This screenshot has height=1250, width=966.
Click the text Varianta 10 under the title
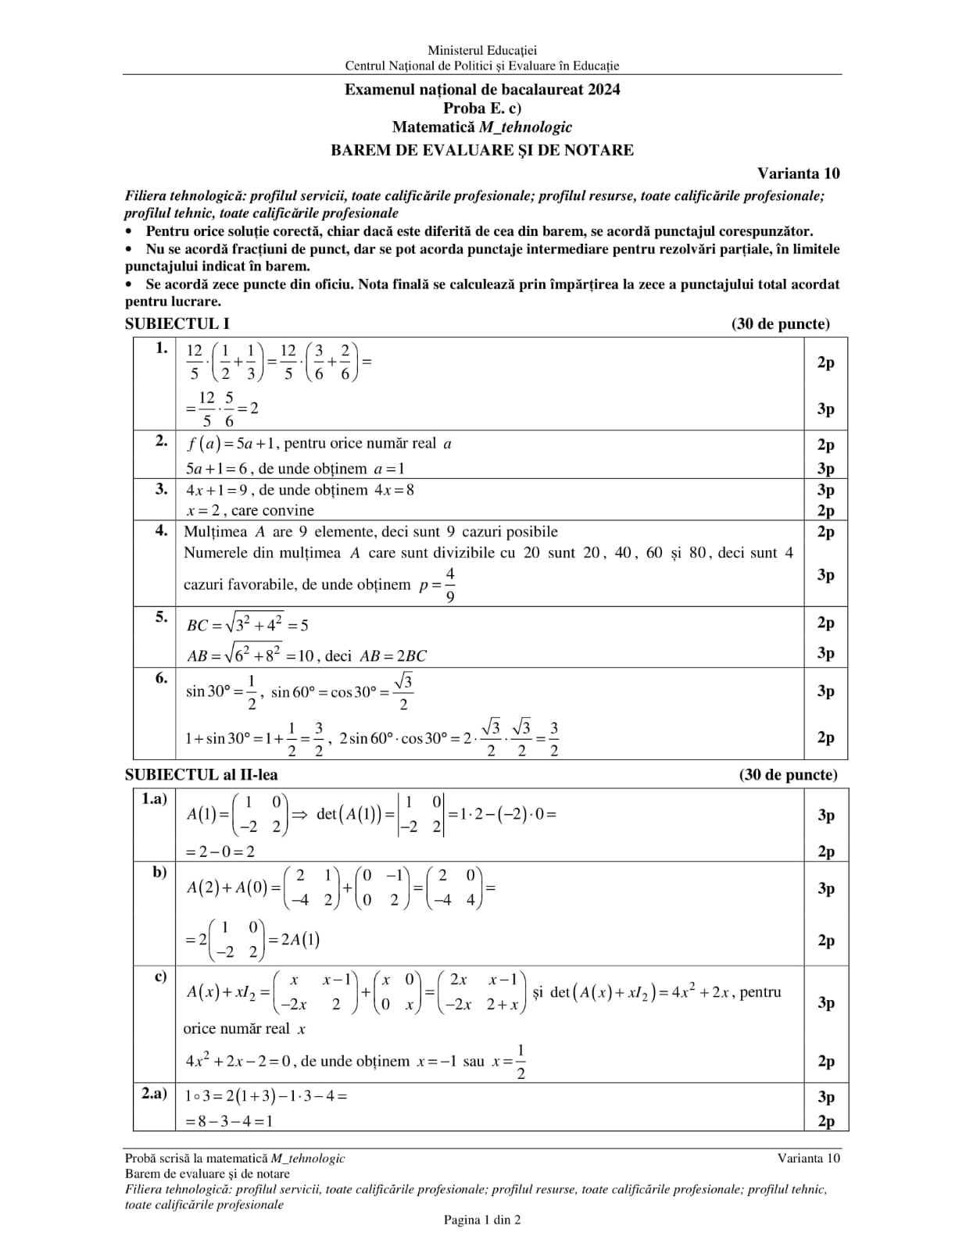798,173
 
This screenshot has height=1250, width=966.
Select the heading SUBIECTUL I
177,323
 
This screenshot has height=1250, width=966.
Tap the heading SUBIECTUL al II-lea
202,774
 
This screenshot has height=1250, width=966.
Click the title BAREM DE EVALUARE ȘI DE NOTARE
482,150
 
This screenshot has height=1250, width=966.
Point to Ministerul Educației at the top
482,51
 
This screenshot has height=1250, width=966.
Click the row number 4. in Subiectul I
161,530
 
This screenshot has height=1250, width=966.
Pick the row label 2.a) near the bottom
154,1094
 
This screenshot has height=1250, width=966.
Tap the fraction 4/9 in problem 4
450,584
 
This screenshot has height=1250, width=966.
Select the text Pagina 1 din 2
482,1220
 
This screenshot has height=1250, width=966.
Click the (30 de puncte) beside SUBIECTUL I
781,323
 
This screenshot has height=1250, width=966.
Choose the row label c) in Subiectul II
160,976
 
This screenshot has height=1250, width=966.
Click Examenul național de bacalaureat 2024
482,89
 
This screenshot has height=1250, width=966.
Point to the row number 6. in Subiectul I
161,677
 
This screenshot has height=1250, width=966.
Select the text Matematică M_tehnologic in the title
482,127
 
